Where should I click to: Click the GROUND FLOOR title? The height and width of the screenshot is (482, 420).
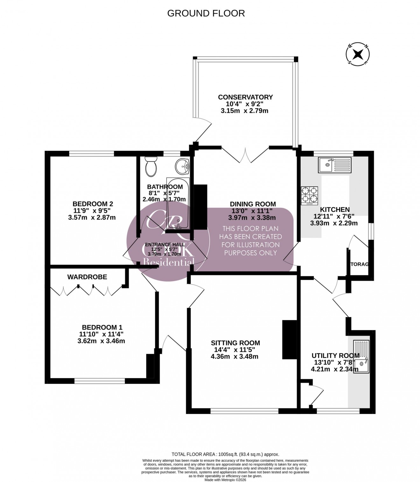click(x=206, y=13)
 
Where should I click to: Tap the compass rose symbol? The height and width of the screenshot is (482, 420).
click(x=358, y=54)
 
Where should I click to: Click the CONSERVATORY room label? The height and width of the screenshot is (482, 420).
click(x=245, y=97)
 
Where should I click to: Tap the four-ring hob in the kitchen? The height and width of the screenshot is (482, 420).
click(x=309, y=195)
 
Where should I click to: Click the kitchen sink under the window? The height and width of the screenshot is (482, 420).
click(x=334, y=165)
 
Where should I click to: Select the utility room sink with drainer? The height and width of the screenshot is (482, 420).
click(x=361, y=357)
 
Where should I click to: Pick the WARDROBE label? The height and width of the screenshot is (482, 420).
click(x=87, y=277)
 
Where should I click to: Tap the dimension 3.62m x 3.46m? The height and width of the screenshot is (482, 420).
click(x=101, y=341)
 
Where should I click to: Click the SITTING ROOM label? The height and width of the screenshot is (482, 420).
click(x=235, y=343)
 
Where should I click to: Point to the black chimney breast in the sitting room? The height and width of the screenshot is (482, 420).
click(x=287, y=340)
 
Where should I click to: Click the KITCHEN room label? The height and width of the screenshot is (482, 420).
click(x=335, y=209)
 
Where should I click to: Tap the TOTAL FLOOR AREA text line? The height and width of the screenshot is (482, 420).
click(x=225, y=455)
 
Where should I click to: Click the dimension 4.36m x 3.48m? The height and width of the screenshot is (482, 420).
click(x=234, y=357)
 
